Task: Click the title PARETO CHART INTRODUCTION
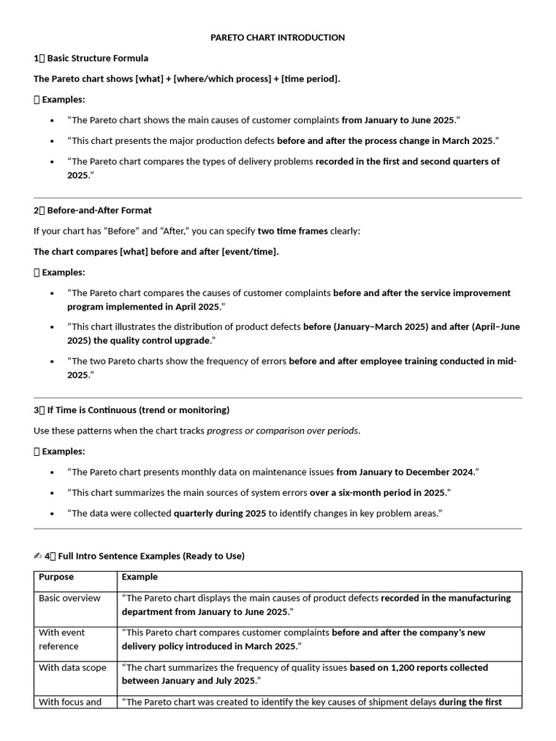click(x=277, y=38)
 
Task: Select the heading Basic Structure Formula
click(x=97, y=58)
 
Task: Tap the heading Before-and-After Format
click(x=99, y=211)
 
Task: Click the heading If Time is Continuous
click(x=138, y=410)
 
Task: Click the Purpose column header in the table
click(x=56, y=577)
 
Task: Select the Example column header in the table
click(x=140, y=577)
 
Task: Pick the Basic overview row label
click(x=69, y=598)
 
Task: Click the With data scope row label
click(x=72, y=668)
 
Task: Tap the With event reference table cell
click(x=62, y=640)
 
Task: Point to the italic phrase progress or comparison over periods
click(x=282, y=431)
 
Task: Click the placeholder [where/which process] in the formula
click(x=222, y=79)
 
